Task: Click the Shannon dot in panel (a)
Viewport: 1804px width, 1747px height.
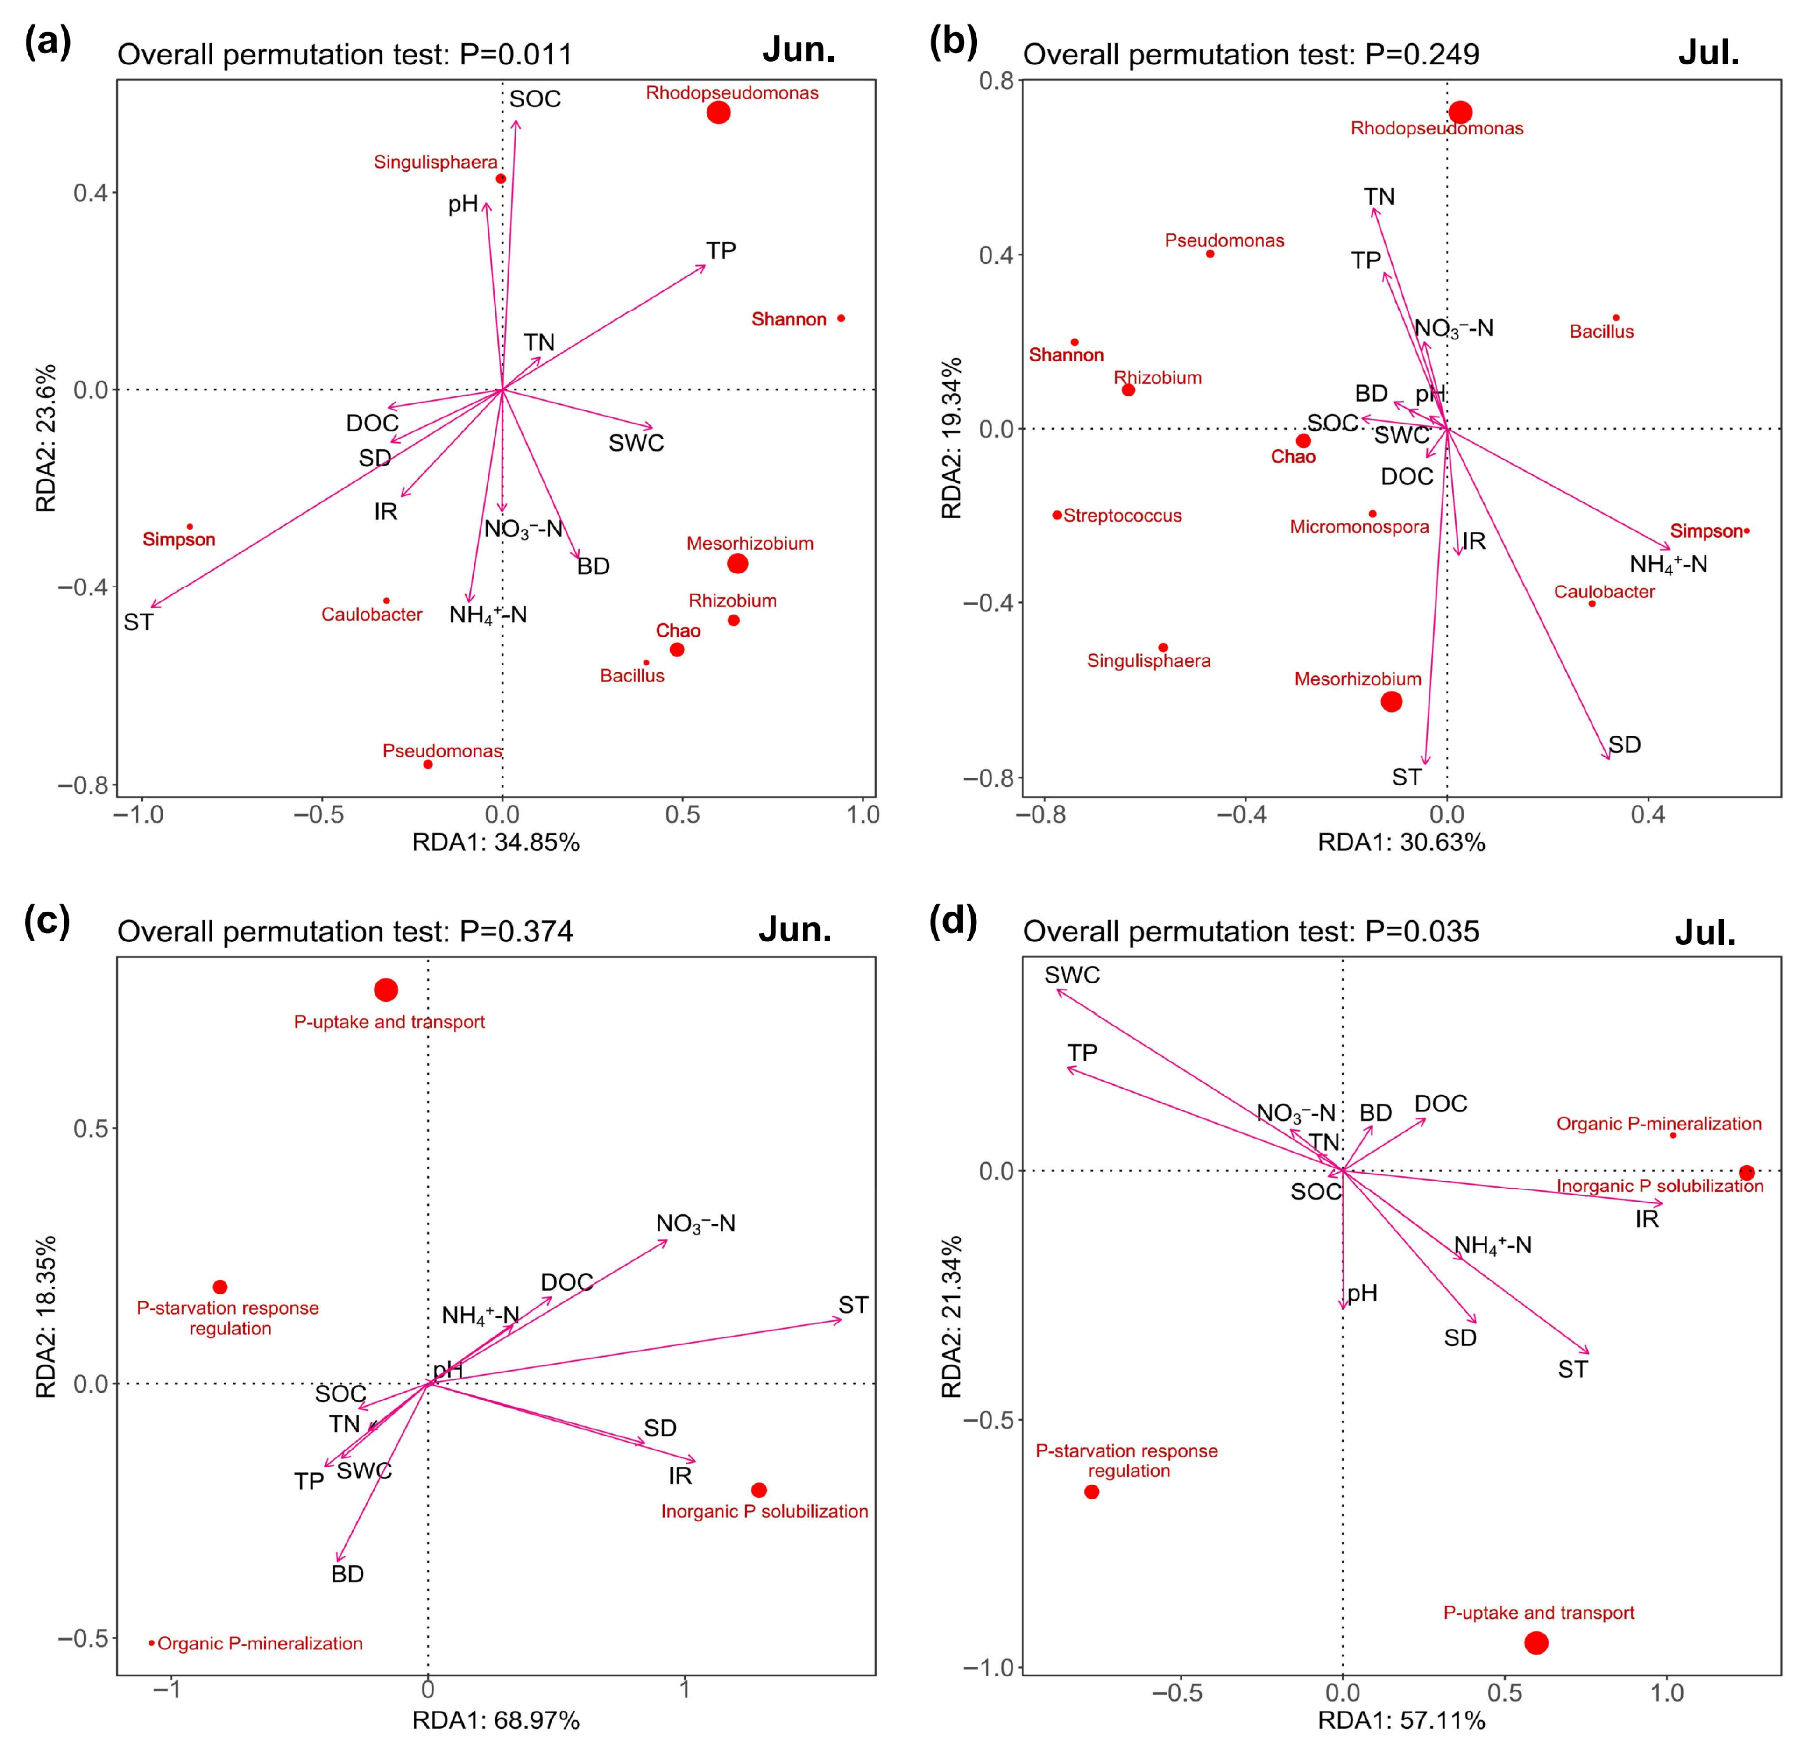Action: (840, 318)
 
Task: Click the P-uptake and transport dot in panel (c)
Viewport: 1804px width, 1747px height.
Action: (386, 990)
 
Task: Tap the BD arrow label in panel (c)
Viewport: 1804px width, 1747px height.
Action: (348, 1574)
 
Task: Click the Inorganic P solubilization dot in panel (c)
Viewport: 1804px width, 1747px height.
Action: (758, 1489)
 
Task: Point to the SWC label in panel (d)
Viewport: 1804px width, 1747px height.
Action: (1072, 975)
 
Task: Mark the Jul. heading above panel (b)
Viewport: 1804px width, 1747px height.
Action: (1708, 53)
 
